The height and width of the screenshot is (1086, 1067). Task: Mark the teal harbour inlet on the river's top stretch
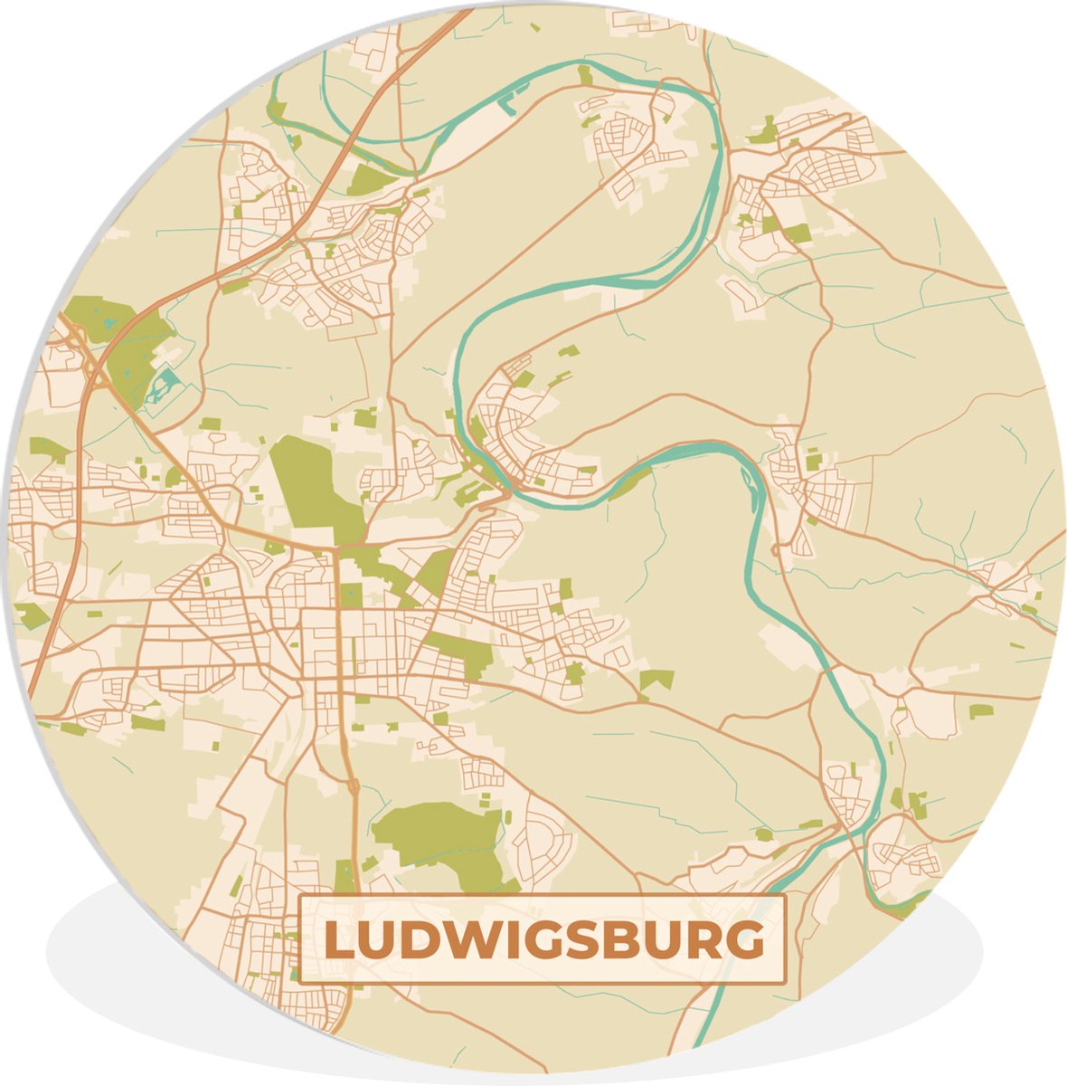(515, 96)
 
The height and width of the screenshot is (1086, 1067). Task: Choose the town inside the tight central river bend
(529, 434)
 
